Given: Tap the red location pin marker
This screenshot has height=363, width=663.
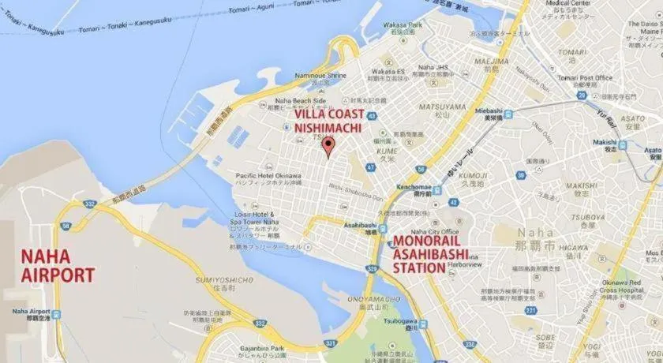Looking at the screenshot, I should [329, 144].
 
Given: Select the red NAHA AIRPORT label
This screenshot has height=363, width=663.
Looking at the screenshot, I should [57, 266].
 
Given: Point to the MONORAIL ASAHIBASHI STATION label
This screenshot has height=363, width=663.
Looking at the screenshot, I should [430, 253].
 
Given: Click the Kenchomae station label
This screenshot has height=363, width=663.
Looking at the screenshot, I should [414, 186].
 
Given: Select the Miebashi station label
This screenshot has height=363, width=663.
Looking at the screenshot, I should [489, 111].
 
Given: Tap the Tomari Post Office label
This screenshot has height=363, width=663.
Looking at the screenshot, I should [584, 77].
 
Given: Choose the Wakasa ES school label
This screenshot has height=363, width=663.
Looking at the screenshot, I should [388, 71].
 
